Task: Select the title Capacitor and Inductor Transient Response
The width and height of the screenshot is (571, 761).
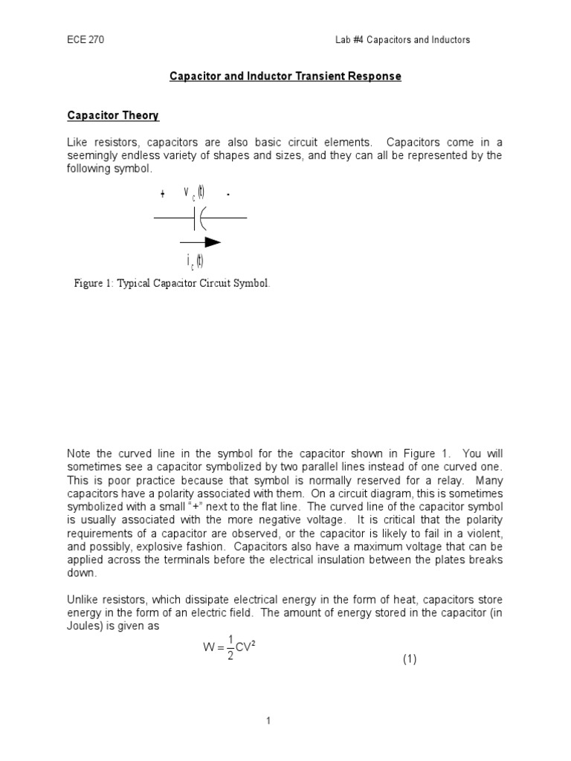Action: coord(285,77)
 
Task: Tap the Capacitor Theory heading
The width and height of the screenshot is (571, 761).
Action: coord(113,116)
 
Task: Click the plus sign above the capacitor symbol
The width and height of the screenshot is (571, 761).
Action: coord(162,195)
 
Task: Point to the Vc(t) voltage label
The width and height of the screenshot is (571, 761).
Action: coord(194,192)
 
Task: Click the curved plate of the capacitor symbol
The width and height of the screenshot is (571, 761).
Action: coord(202,217)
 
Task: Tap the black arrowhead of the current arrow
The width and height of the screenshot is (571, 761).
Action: coord(213,242)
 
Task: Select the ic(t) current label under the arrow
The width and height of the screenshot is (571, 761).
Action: coord(196,261)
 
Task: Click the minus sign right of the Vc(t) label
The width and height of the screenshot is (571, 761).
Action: coord(228,195)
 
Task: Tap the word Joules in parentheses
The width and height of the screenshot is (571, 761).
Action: coord(86,626)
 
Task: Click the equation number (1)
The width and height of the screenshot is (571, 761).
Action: coord(410,659)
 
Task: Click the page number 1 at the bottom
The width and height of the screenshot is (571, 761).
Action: coord(285,720)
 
